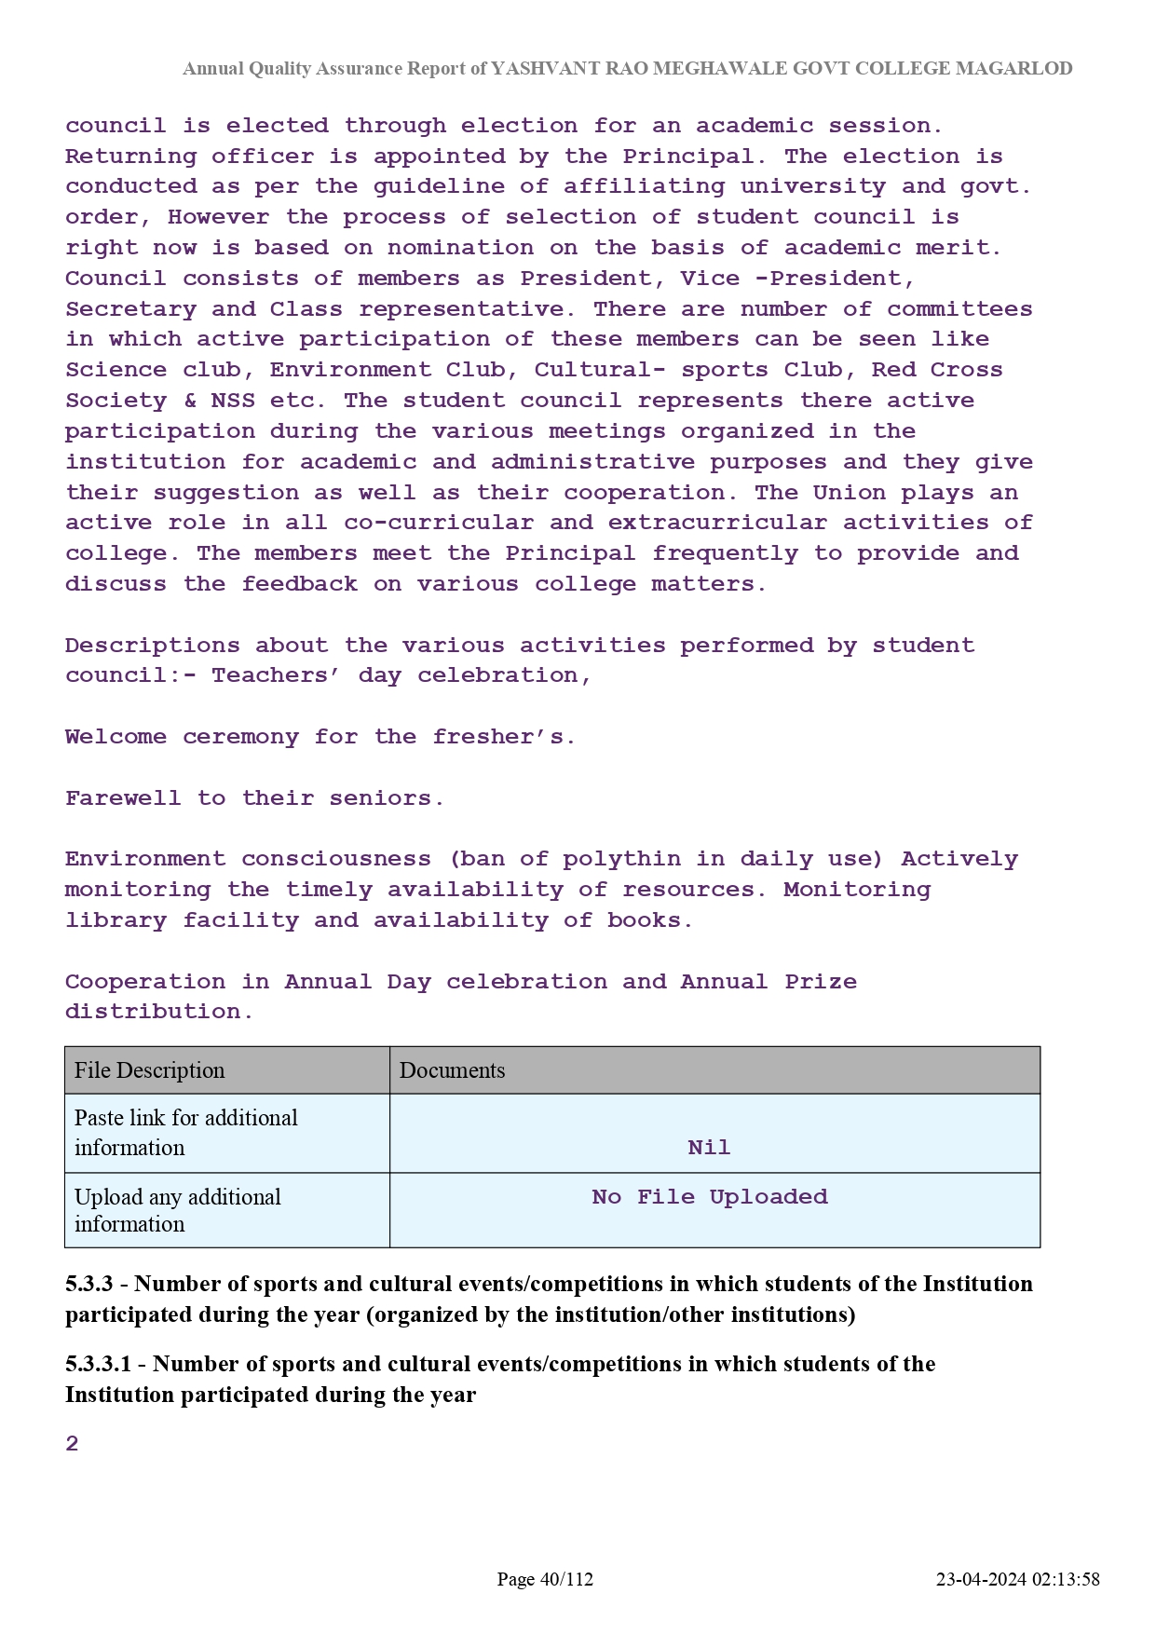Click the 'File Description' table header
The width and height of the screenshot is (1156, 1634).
click(x=150, y=1070)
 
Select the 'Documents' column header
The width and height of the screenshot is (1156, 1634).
click(x=453, y=1070)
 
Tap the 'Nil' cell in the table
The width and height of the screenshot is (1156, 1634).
click(x=709, y=1148)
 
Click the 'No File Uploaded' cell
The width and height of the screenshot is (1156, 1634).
click(x=710, y=1197)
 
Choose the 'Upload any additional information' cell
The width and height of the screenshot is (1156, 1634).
click(x=178, y=1210)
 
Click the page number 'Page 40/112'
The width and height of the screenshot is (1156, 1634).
click(x=545, y=1579)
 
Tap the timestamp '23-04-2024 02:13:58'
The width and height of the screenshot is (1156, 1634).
click(x=1018, y=1579)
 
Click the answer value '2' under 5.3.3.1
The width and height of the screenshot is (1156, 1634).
click(x=73, y=1444)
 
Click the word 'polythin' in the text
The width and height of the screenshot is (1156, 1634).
click(x=621, y=859)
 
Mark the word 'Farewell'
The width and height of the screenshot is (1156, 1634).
click(x=123, y=798)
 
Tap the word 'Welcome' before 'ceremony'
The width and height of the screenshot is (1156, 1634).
click(x=116, y=737)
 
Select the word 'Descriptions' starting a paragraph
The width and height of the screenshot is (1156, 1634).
click(x=153, y=646)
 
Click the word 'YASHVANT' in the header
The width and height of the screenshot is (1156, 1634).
click(x=534, y=68)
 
